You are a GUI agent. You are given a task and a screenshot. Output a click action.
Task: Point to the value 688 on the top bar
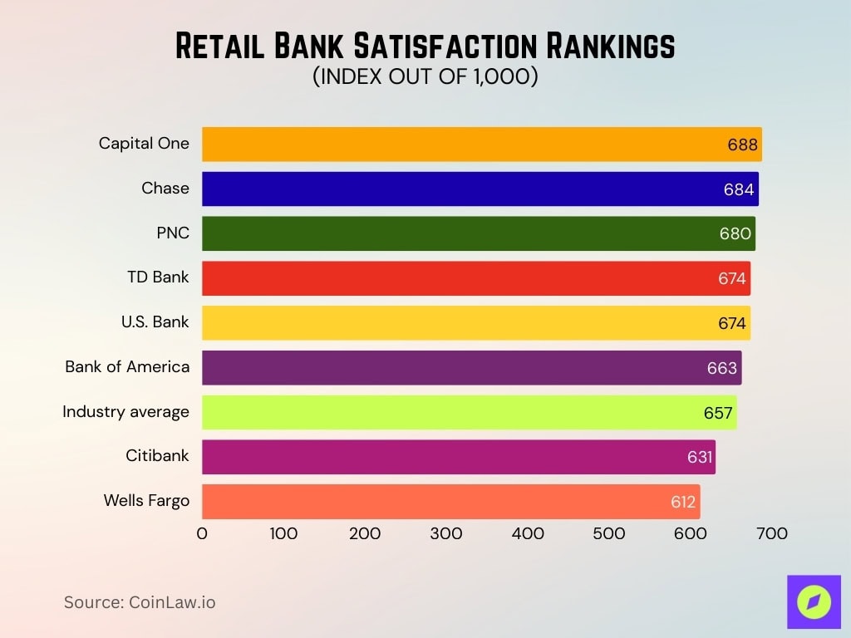(x=742, y=145)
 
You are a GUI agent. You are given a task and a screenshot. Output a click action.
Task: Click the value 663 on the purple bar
(x=722, y=368)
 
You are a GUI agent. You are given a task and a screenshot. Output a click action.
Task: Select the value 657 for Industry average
(x=718, y=413)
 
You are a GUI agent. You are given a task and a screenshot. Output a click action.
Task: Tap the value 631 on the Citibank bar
(x=696, y=458)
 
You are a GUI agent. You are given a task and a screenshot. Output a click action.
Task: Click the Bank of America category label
(x=127, y=366)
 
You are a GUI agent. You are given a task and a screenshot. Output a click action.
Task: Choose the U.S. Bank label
(x=155, y=321)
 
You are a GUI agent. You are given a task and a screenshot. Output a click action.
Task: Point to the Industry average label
(x=125, y=411)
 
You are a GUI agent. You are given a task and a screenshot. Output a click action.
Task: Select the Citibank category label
(x=157, y=455)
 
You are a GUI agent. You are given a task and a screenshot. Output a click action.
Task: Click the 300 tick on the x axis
(x=446, y=533)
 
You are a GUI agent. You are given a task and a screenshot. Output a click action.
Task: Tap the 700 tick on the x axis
(x=772, y=533)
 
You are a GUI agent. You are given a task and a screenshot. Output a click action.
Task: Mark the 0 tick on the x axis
(x=202, y=533)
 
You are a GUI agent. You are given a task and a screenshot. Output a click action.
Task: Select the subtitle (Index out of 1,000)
(x=425, y=76)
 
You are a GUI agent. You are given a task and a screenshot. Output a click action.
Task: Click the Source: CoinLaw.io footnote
(x=140, y=602)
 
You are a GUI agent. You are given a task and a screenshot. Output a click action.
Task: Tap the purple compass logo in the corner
(x=814, y=601)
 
